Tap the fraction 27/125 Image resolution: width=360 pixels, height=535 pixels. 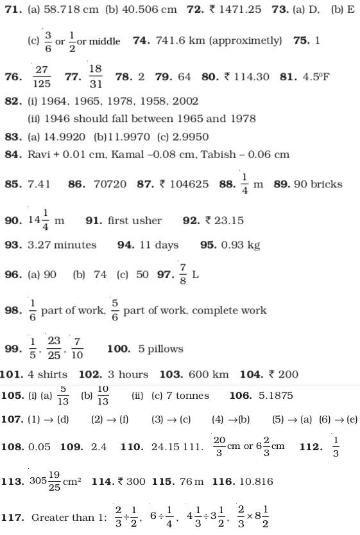pyautogui.click(x=42, y=76)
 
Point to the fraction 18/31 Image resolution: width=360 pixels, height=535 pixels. pyautogui.click(x=96, y=76)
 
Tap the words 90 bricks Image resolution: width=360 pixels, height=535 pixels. pyautogui.click(x=318, y=184)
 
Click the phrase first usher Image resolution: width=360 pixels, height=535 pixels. pyautogui.click(x=135, y=220)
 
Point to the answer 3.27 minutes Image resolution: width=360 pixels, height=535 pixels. pyautogui.click(x=62, y=245)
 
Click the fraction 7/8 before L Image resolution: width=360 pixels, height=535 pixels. pyautogui.click(x=183, y=274)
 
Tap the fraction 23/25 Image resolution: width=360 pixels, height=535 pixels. pyautogui.click(x=54, y=349)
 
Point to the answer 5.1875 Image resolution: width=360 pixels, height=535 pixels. pyautogui.click(x=275, y=396)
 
